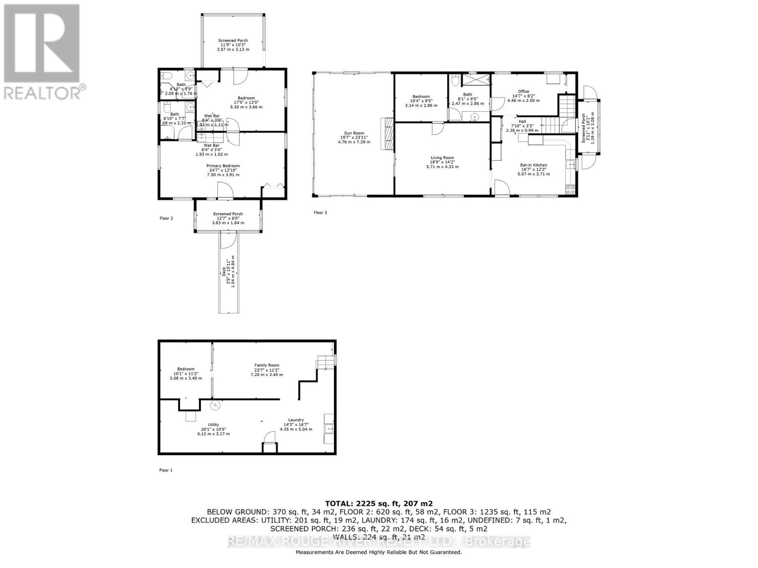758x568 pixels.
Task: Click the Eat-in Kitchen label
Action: [533, 169]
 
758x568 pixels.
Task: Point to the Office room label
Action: [523, 96]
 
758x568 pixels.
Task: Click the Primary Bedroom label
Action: [223, 170]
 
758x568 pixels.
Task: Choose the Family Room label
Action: [267, 370]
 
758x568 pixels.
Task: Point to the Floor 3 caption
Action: [320, 213]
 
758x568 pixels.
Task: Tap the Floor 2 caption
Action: [166, 219]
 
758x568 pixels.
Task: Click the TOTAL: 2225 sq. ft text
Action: [379, 504]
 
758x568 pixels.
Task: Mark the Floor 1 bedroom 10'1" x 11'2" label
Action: [186, 373]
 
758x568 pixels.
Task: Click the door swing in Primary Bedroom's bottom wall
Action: [225, 191]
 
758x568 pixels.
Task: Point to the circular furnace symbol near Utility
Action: [216, 406]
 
